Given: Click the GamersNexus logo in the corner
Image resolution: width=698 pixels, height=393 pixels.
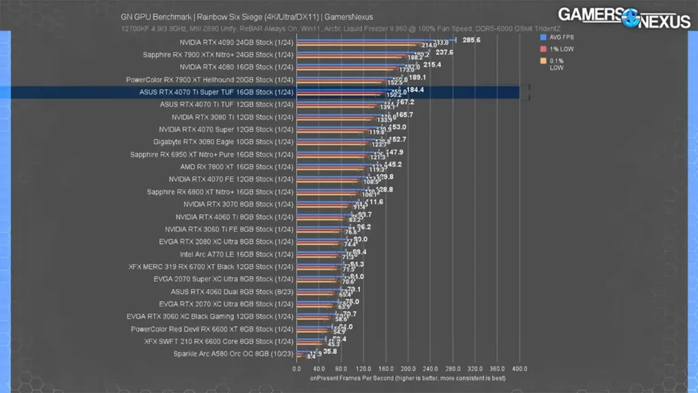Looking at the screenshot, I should pyautogui.click(x=624, y=18).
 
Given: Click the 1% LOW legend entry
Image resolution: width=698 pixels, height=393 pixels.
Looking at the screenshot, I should pyautogui.click(x=562, y=49).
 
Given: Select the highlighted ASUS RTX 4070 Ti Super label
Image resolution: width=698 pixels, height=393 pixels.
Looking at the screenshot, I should pyautogui.click(x=216, y=92).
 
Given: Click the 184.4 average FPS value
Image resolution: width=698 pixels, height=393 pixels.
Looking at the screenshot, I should pyautogui.click(x=415, y=89).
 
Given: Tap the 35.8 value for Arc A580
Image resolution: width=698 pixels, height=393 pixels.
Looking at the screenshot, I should pyautogui.click(x=330, y=351).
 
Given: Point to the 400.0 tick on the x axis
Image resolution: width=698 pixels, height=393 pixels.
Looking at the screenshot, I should pyautogui.click(x=519, y=368).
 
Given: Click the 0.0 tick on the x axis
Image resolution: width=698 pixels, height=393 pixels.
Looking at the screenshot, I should pyautogui.click(x=297, y=368).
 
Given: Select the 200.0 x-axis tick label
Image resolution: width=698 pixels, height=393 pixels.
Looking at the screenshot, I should pyautogui.click(x=408, y=368).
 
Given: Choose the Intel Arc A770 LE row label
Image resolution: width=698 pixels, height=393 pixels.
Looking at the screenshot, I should pyautogui.click(x=237, y=254).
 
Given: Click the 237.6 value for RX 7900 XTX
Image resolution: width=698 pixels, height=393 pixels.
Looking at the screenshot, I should pyautogui.click(x=444, y=52).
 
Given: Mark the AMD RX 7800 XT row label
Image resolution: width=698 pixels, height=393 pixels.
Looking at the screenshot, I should pyautogui.click(x=237, y=166).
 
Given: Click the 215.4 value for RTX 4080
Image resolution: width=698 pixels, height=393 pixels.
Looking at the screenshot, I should pyautogui.click(x=432, y=65).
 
